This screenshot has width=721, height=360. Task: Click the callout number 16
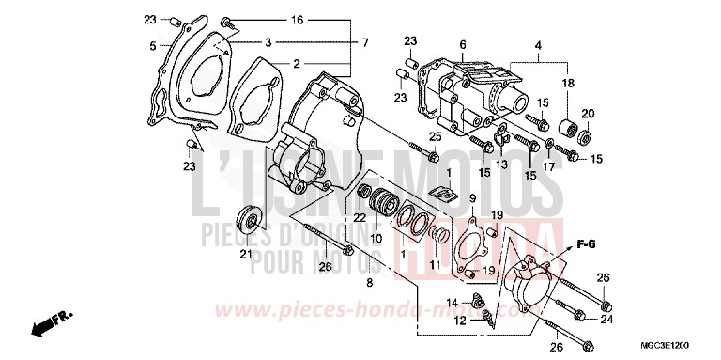coord(270,20)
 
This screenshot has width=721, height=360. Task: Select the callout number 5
coord(151,45)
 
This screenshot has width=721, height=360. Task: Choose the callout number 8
coord(370,282)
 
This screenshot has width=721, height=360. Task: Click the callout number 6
coord(463,44)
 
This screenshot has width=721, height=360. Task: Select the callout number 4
coord(538,44)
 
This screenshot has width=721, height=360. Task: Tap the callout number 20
coord(588,114)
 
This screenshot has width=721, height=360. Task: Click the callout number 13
coord(501,163)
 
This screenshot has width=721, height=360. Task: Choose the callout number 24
coord(607,319)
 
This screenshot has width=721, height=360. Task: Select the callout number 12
coord(460,321)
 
